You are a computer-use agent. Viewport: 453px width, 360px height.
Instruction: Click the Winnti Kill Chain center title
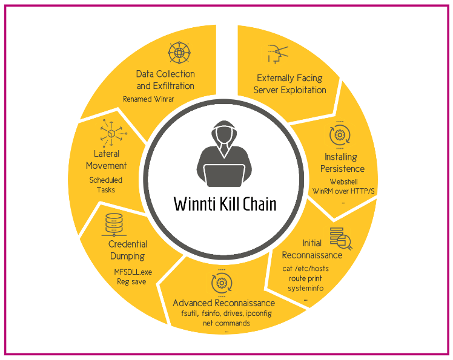(225, 203)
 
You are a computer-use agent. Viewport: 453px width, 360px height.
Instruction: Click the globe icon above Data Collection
(179, 53)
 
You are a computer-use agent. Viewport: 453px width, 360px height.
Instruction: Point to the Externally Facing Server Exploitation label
(290, 84)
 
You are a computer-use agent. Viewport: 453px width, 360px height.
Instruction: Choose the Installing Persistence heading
(342, 163)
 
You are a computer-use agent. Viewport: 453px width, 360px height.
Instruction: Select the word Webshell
(344, 181)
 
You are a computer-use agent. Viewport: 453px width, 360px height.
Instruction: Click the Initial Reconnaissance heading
(313, 249)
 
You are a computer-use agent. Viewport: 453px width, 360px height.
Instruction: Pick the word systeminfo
(305, 288)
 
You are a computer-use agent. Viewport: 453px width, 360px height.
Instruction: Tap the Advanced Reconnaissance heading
(224, 303)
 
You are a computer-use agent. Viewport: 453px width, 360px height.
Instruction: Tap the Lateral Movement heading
(106, 160)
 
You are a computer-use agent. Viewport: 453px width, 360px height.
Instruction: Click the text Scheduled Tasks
(106, 185)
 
